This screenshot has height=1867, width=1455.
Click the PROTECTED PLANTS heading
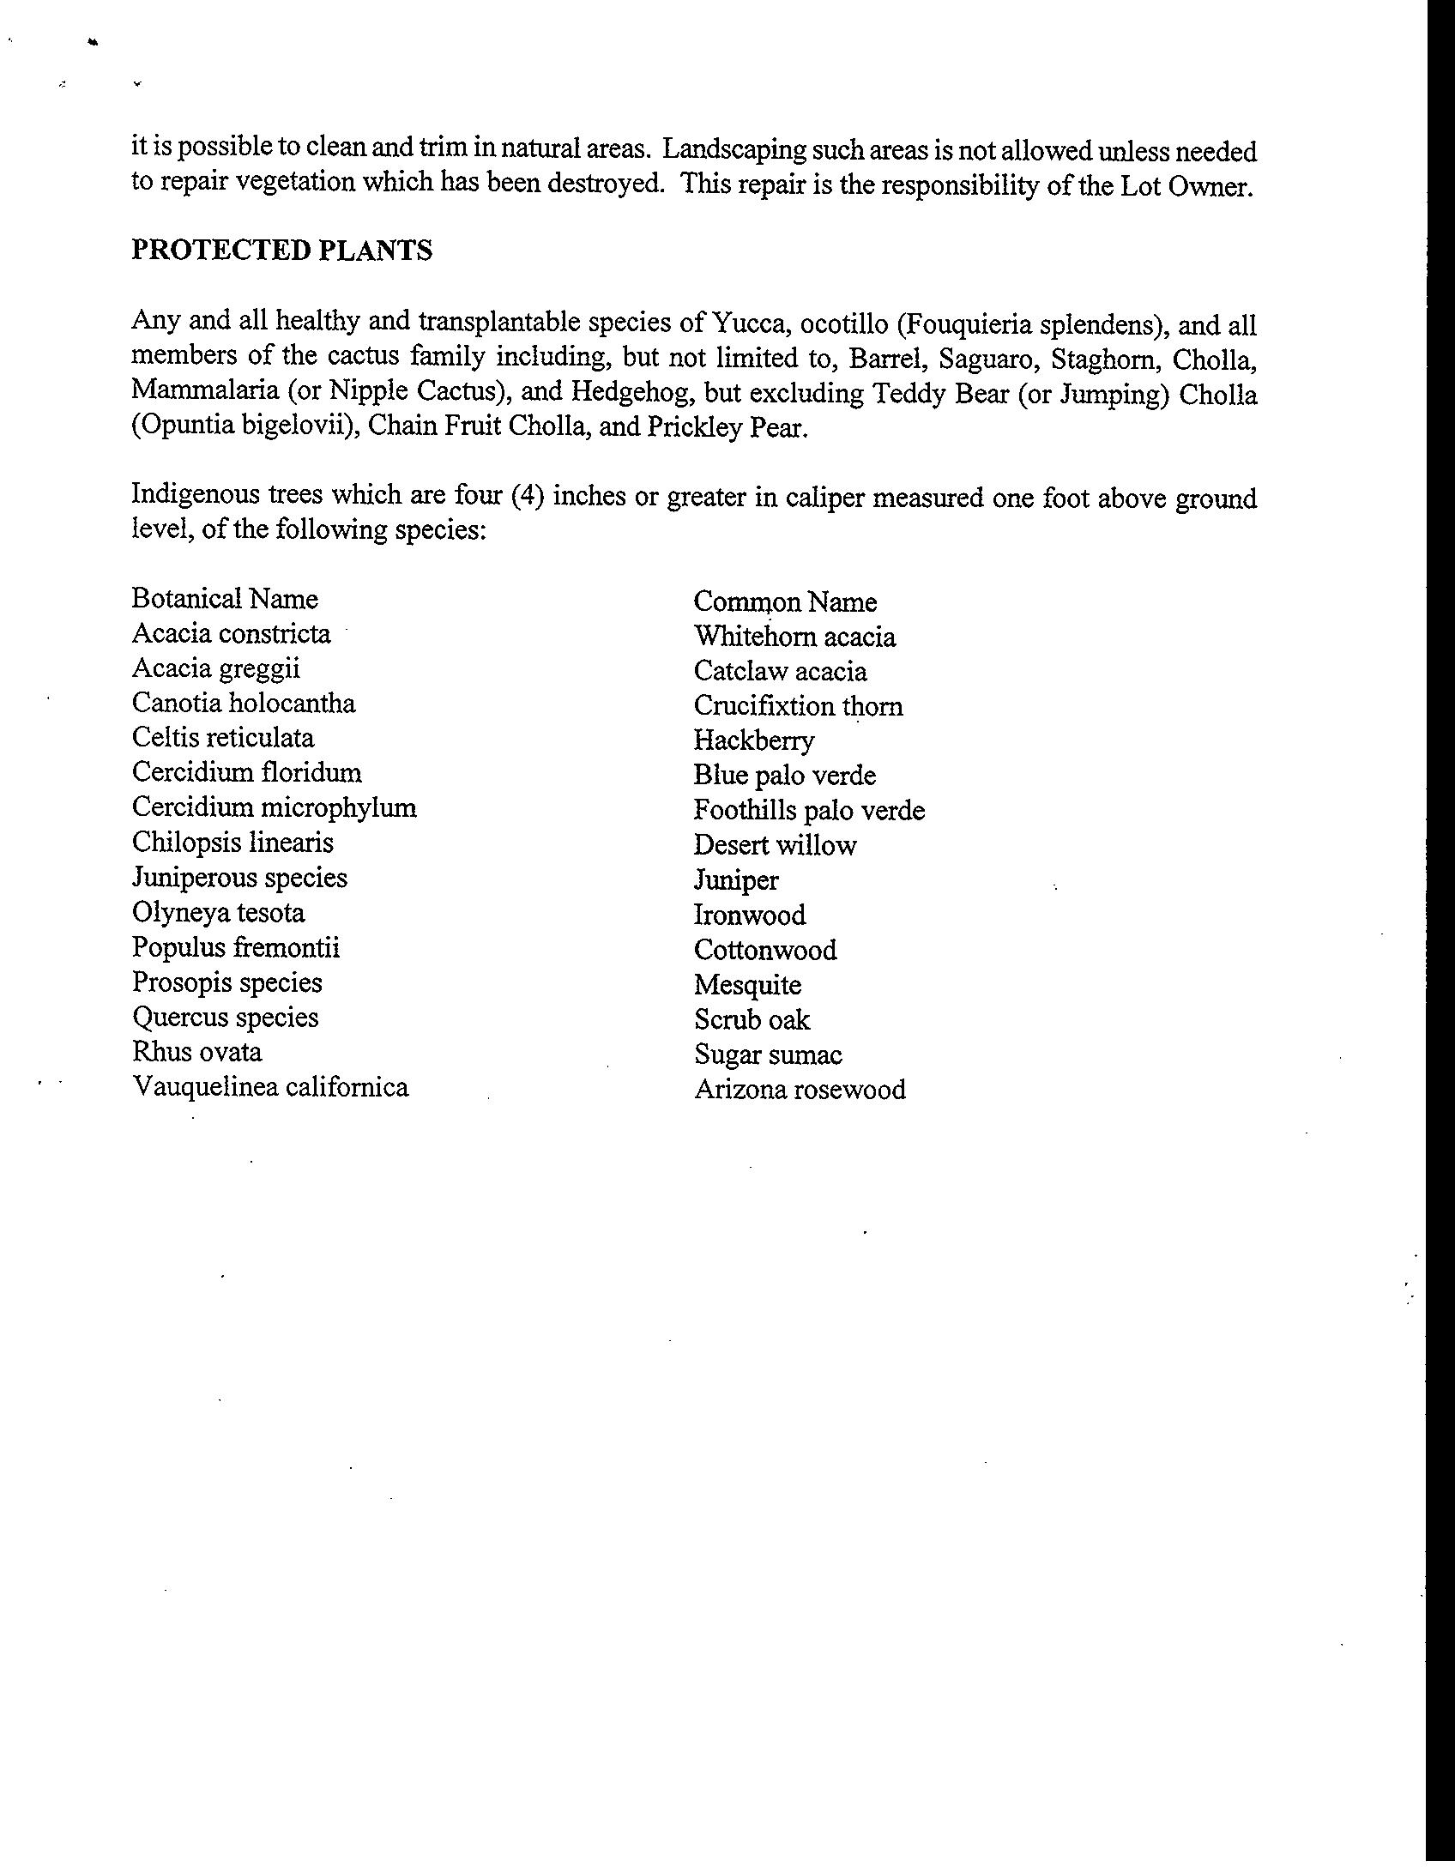281,251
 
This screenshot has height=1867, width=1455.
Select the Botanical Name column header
225,599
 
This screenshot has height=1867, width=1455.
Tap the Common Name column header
785,602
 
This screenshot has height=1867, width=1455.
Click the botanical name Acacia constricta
231,634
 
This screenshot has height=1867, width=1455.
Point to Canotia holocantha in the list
244,704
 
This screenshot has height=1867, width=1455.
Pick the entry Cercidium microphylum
275,807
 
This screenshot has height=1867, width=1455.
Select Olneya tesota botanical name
219,912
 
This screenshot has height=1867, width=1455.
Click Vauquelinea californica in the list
270,1087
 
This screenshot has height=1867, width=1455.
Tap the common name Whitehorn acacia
794,637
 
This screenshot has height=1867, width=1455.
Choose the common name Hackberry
754,740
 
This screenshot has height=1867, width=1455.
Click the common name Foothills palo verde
809,811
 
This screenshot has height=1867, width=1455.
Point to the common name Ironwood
750,915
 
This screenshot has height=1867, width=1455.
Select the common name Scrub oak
752,1020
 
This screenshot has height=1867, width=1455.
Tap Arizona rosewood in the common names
800,1090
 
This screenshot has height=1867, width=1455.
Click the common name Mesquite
747,985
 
